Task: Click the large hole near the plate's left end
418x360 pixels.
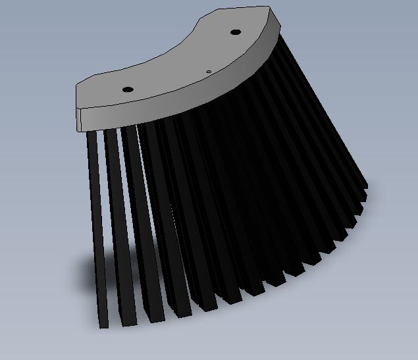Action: pos(128,89)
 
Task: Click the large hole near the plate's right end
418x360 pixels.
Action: pos(234,32)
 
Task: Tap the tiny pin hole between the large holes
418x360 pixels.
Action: pos(209,72)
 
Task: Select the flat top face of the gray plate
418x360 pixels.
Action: pos(178,63)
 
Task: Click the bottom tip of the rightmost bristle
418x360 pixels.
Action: pos(365,191)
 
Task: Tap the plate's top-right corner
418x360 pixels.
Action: pos(270,8)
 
